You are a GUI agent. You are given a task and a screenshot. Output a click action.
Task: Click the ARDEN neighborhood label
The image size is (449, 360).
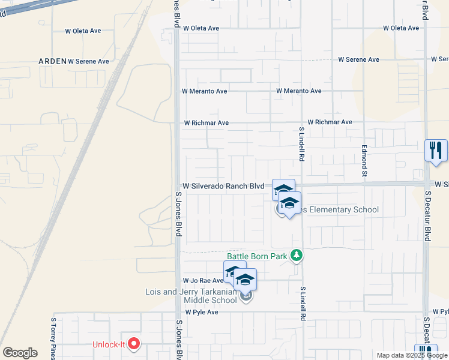(52, 61)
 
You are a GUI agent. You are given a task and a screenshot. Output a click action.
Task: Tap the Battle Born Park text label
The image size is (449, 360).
(258, 256)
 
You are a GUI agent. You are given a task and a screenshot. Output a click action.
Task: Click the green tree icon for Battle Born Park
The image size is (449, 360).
(296, 256)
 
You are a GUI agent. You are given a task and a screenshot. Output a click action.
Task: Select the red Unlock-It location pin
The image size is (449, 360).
(134, 344)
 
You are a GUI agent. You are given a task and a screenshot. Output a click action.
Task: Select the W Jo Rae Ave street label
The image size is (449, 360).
(203, 280)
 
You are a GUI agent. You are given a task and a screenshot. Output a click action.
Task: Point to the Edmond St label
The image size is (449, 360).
(363, 161)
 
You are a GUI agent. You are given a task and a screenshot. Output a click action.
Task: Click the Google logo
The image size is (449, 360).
(20, 353)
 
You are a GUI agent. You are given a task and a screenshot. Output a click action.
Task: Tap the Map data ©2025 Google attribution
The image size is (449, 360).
(412, 355)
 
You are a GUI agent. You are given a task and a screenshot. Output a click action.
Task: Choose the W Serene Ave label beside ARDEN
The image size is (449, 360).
(88, 61)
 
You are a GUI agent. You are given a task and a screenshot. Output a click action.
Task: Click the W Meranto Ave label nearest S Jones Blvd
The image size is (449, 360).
(205, 91)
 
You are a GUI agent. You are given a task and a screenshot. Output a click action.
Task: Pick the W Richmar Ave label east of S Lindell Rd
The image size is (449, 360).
(330, 122)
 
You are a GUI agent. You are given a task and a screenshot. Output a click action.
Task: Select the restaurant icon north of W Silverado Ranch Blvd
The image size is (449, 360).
(436, 150)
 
